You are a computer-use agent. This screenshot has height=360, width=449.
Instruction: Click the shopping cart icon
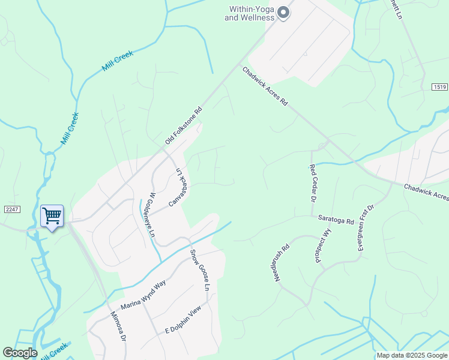tap(52, 215)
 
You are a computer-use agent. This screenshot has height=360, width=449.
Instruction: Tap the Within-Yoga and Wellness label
tap(250, 13)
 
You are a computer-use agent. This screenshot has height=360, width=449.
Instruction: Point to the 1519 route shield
tap(440, 88)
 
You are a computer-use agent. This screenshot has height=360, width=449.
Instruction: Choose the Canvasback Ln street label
tap(179, 187)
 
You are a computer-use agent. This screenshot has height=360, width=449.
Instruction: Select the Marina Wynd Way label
tap(143, 295)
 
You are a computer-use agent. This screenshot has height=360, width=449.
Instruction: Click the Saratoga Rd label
tap(336, 221)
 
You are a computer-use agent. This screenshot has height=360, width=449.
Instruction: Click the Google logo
tap(20, 353)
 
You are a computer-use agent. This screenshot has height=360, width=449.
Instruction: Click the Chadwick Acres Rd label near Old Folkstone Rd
tap(265, 86)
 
